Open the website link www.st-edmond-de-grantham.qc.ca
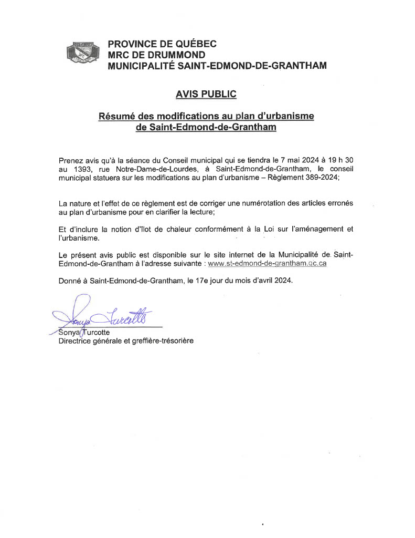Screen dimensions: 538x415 tap(268, 263)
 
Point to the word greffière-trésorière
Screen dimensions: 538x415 tap(159, 340)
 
